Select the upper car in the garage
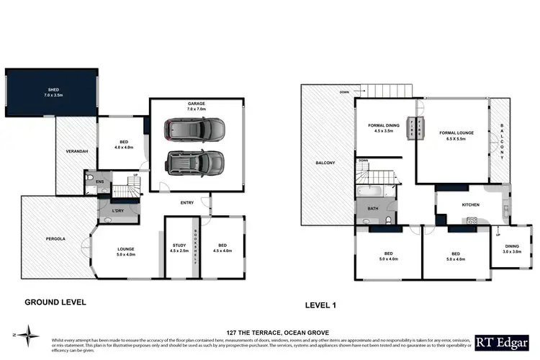pyautogui.click(x=194, y=130)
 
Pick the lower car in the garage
pyautogui.click(x=193, y=163)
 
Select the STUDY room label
pyautogui.click(x=176, y=248)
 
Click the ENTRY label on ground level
pyautogui.click(x=186, y=203)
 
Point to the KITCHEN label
pyautogui.click(x=470, y=205)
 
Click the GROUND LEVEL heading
pyautogui.click(x=55, y=302)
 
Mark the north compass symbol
pyautogui.click(x=28, y=334)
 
